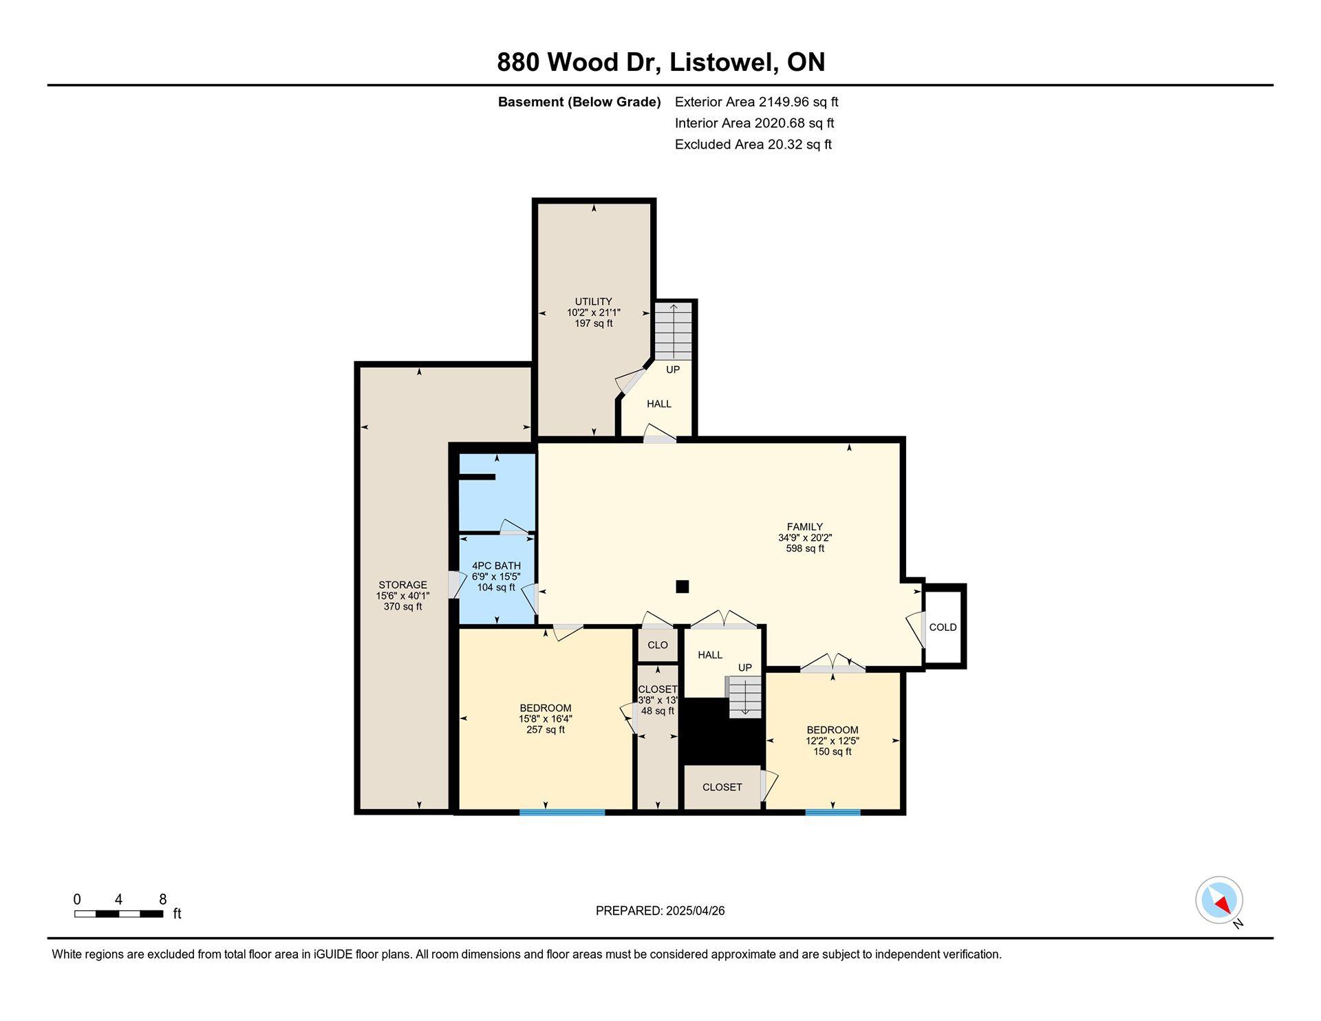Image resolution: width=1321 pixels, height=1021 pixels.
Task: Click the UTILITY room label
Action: [593, 301]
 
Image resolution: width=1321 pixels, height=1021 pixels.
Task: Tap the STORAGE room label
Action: [402, 585]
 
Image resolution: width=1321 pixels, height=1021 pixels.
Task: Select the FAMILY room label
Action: [805, 527]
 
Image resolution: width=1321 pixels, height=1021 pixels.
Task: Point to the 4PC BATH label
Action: [496, 566]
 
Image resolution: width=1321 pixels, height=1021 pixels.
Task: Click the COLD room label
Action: [943, 627]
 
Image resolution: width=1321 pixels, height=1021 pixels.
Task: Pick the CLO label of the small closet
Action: [658, 645]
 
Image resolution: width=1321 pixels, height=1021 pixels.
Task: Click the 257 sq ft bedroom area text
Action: [546, 730]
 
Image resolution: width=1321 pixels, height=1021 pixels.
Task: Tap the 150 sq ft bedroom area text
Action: [833, 752]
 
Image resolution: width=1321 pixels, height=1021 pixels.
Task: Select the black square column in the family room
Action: [683, 586]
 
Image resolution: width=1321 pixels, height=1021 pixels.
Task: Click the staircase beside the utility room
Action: [673, 332]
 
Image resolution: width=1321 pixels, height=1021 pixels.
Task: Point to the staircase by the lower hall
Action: [745, 697]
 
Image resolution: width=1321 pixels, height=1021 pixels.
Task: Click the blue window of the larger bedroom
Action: [562, 813]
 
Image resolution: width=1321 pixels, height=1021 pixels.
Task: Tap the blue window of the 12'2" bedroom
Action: [833, 813]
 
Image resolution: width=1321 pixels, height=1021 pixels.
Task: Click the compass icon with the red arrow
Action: [1219, 900]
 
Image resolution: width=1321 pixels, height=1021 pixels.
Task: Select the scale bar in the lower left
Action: [119, 914]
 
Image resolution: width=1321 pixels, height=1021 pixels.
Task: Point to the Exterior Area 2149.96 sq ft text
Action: [756, 102]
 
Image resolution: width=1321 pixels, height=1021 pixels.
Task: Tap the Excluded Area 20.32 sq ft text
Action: [753, 144]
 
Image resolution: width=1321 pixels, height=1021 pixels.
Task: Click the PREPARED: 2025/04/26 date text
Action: [660, 911]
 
